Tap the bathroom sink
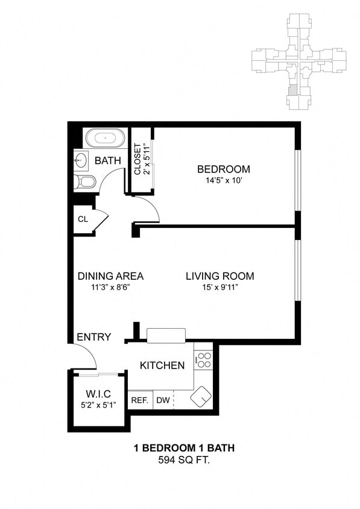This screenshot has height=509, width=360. (81, 160)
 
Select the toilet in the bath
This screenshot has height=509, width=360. (85, 182)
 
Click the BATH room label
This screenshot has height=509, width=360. (109, 161)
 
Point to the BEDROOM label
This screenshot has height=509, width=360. (224, 169)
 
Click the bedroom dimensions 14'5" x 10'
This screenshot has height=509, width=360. (224, 180)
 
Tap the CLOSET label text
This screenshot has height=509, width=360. (137, 159)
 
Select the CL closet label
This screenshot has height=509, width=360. (83, 219)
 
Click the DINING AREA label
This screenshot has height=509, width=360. (110, 276)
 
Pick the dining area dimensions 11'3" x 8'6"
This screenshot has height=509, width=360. (110, 288)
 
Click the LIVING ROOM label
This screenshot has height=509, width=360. (219, 276)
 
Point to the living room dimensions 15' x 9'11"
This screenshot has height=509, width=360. (219, 288)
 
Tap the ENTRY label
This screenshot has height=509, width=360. (93, 337)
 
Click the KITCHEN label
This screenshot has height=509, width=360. (162, 365)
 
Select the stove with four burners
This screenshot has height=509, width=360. (204, 360)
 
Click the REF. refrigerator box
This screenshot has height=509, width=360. (140, 400)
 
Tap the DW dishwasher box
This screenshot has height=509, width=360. (163, 400)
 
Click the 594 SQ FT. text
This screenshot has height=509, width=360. (183, 460)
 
